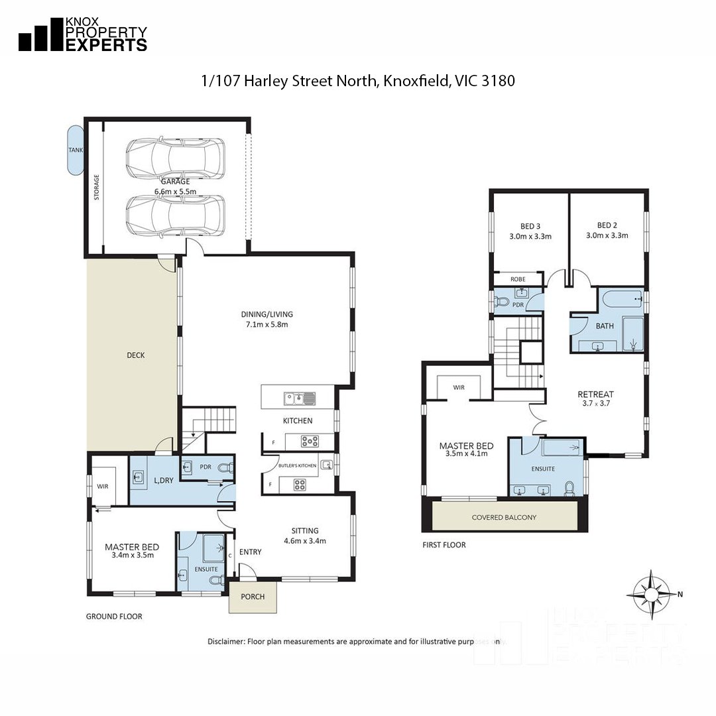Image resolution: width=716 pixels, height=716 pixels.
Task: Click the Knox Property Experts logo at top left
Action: pos(82,35)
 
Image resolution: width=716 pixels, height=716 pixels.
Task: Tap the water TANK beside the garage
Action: pos(76,150)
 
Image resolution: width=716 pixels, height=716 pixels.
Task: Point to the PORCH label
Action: pos(253,597)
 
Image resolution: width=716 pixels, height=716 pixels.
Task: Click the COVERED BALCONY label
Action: pos(504,517)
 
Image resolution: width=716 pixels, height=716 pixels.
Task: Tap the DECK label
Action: pos(135,355)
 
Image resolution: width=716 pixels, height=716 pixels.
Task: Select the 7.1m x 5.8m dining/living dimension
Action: pos(268,325)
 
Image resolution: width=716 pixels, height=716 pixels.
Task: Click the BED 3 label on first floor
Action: pos(530,225)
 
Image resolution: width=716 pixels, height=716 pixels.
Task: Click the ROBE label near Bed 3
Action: pos(518,279)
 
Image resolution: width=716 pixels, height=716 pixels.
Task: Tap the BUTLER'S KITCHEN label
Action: pos(297,465)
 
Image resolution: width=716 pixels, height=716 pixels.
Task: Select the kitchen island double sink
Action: pos(299,398)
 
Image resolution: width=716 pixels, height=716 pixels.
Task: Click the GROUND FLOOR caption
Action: pos(114,617)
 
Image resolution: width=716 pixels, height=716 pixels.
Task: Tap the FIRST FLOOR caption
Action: pos(444,545)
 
